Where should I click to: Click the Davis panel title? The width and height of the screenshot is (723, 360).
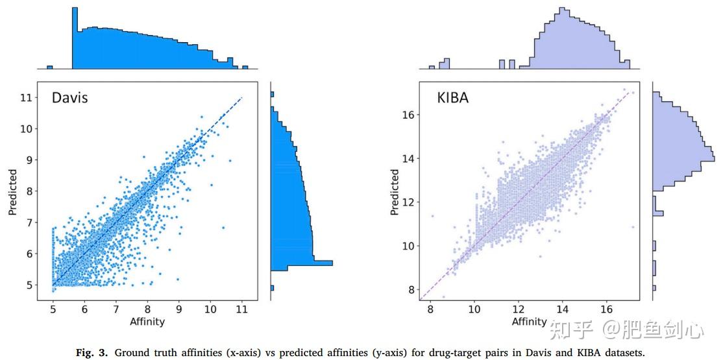pos(69,99)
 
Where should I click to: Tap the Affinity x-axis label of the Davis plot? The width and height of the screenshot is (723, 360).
pos(147,321)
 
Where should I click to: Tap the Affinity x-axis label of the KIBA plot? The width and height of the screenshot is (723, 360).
pos(529,321)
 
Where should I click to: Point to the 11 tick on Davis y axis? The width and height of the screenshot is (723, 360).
pos(25,97)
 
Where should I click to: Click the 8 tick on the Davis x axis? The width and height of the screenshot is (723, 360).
pos(147,310)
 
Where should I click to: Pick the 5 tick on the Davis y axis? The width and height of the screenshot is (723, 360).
pos(28,284)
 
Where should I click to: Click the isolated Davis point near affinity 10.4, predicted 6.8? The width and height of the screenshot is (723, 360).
pos(223,228)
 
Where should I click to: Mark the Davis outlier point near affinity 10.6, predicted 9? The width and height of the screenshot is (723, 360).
pos(230,160)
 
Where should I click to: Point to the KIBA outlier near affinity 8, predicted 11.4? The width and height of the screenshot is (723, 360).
pos(432,216)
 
